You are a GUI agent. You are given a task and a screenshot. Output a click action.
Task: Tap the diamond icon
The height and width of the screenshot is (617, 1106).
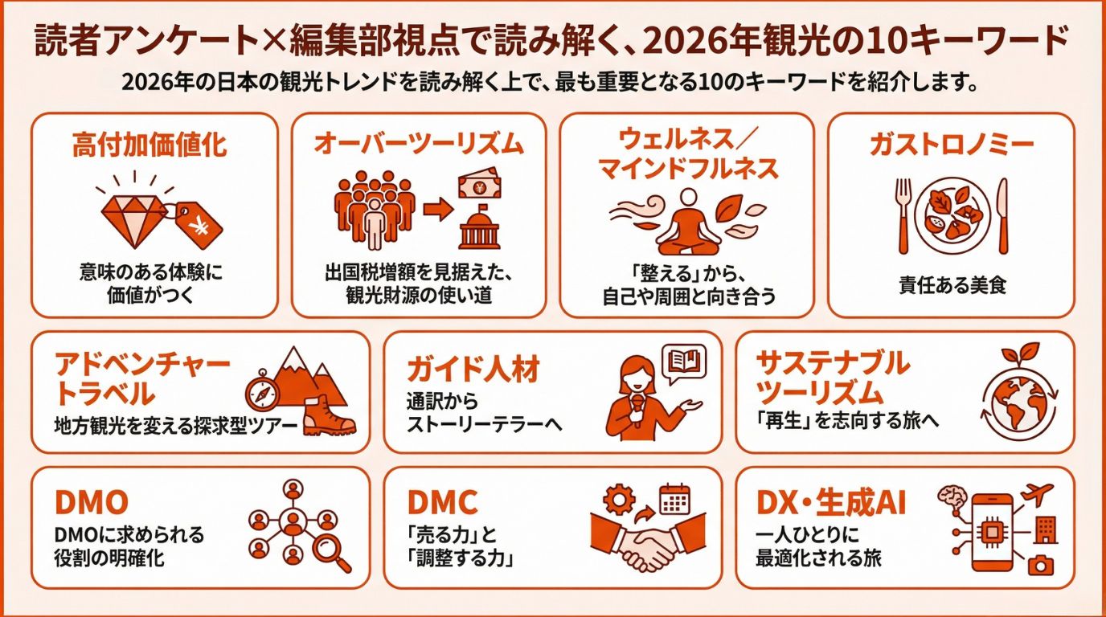(x=134, y=212)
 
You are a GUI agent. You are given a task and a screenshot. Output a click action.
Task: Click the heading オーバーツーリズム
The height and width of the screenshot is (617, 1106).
(x=418, y=145)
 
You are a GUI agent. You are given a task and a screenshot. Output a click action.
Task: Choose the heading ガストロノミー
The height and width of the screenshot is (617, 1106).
(x=951, y=145)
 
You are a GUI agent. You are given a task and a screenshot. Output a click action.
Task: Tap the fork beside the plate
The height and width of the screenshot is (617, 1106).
(x=903, y=215)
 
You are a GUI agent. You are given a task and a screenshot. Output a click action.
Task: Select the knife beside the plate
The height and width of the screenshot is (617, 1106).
(x=1002, y=215)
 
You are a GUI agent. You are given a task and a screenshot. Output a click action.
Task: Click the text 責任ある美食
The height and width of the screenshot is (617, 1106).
(x=952, y=285)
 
